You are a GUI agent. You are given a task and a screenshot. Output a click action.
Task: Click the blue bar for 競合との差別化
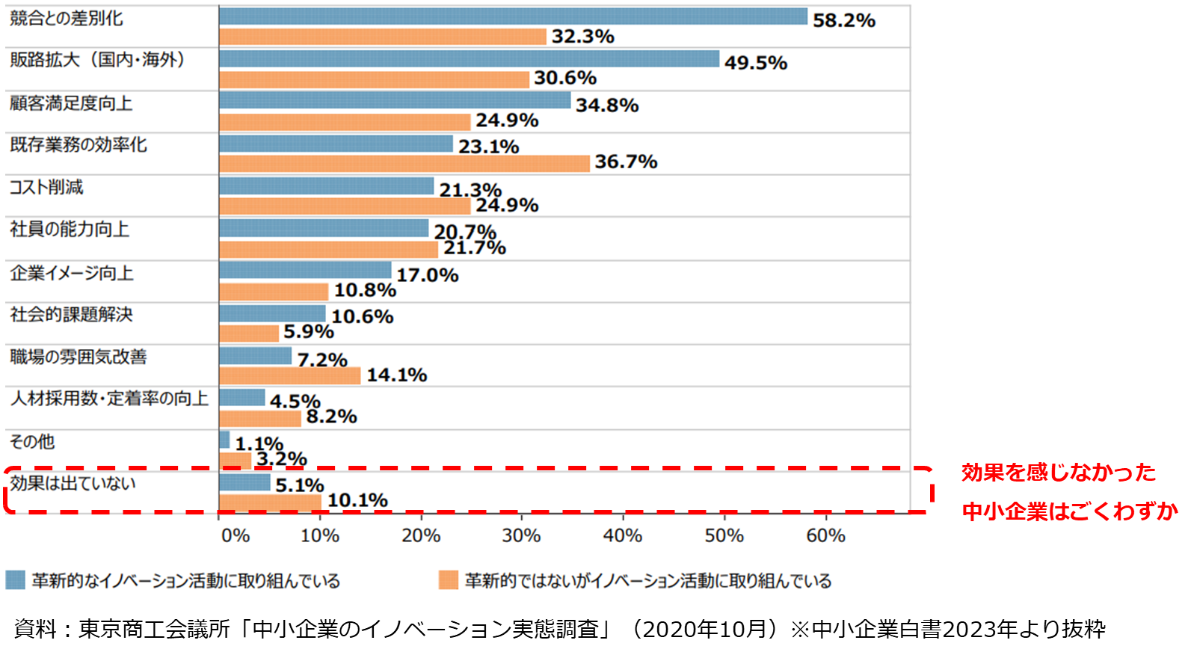(x=513, y=16)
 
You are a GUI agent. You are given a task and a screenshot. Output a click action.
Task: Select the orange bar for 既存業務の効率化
(x=404, y=163)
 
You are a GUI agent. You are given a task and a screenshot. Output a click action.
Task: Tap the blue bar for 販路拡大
(x=469, y=59)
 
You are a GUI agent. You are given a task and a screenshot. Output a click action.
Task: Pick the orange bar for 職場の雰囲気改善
(x=290, y=375)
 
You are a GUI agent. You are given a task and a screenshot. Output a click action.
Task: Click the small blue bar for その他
(x=224, y=440)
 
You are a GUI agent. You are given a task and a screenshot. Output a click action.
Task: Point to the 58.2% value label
(x=843, y=20)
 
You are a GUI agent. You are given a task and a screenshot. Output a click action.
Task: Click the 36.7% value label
(x=626, y=162)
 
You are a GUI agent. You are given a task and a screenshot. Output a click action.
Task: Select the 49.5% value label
(x=755, y=63)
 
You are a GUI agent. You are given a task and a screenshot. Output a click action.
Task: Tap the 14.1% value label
(x=396, y=375)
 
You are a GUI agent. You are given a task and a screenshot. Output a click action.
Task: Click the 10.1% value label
(x=357, y=500)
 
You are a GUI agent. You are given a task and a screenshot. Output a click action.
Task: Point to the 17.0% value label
(x=427, y=275)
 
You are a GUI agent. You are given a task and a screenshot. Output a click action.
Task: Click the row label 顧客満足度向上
(x=71, y=103)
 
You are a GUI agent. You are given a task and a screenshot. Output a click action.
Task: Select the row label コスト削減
(x=46, y=187)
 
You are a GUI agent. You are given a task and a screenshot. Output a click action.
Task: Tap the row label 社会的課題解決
(x=71, y=315)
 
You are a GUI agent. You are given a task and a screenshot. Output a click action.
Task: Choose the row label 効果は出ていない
(x=73, y=484)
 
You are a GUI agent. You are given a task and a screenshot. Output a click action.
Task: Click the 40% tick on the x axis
(x=623, y=535)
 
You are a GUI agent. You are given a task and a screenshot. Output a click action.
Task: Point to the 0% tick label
(x=235, y=535)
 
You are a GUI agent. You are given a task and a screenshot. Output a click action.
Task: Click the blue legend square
(x=15, y=580)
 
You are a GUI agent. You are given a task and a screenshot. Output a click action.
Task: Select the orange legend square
(x=449, y=580)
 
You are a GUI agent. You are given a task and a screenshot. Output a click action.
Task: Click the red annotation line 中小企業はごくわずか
(x=1069, y=511)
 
